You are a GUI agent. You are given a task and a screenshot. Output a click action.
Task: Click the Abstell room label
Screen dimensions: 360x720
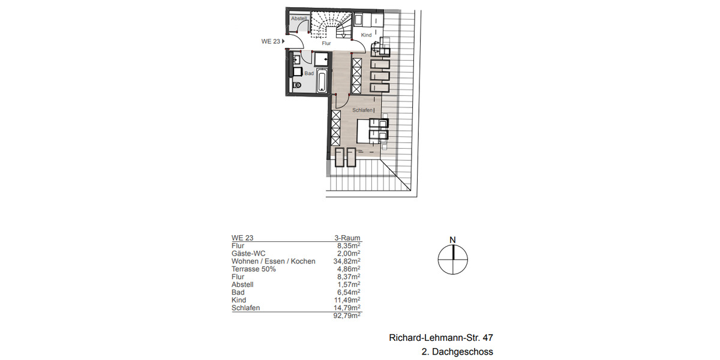click(x=298, y=19)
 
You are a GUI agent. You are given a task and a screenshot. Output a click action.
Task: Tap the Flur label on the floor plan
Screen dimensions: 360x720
click(x=326, y=43)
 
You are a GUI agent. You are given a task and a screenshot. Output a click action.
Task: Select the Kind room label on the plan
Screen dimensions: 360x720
click(x=366, y=35)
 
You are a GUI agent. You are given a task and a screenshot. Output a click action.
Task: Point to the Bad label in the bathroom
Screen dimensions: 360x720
click(x=309, y=73)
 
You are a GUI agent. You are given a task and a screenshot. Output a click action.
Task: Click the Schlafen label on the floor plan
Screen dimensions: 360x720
click(x=362, y=110)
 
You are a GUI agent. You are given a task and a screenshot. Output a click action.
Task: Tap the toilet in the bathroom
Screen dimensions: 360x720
click(x=297, y=85)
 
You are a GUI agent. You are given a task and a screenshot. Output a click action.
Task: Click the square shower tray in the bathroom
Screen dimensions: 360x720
click(x=322, y=59)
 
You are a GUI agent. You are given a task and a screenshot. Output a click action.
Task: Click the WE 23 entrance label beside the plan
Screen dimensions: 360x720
click(x=271, y=41)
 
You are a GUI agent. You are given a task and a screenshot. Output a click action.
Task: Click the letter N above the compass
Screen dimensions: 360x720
click(x=453, y=241)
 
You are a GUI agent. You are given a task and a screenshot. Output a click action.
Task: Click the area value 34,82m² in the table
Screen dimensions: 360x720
click(x=347, y=262)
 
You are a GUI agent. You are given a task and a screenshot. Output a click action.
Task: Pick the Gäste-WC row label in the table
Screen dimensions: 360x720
click(x=248, y=254)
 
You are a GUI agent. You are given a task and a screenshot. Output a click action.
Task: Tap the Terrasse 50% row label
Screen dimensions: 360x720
click(x=254, y=269)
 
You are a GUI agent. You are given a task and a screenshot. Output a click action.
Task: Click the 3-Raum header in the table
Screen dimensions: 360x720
click(x=347, y=238)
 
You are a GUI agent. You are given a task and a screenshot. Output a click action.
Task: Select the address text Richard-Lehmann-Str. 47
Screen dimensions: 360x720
click(x=441, y=338)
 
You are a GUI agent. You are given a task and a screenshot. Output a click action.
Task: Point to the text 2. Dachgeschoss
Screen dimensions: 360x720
click(x=458, y=352)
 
